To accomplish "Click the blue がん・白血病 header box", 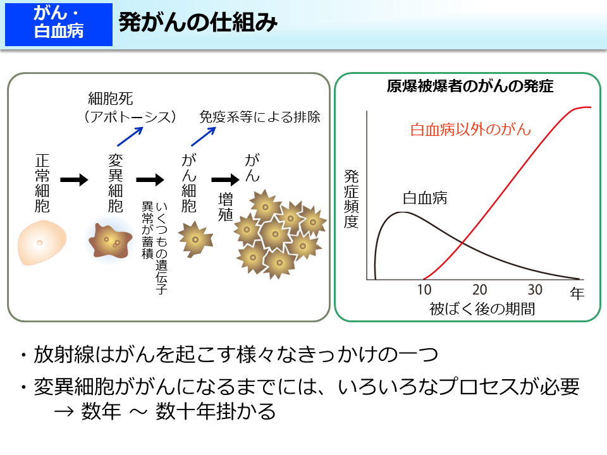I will [59, 25].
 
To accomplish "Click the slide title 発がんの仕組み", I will [198, 23].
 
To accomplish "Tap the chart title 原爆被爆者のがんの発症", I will [470, 87].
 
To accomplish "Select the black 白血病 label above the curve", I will [425, 198].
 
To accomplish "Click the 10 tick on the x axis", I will [424, 290].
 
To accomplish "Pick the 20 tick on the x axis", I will [480, 290].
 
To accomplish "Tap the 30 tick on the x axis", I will [536, 290].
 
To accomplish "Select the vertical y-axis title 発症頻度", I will [351, 199].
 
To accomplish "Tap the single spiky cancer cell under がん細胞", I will [193, 240].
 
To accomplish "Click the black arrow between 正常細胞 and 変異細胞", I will [75, 180].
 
